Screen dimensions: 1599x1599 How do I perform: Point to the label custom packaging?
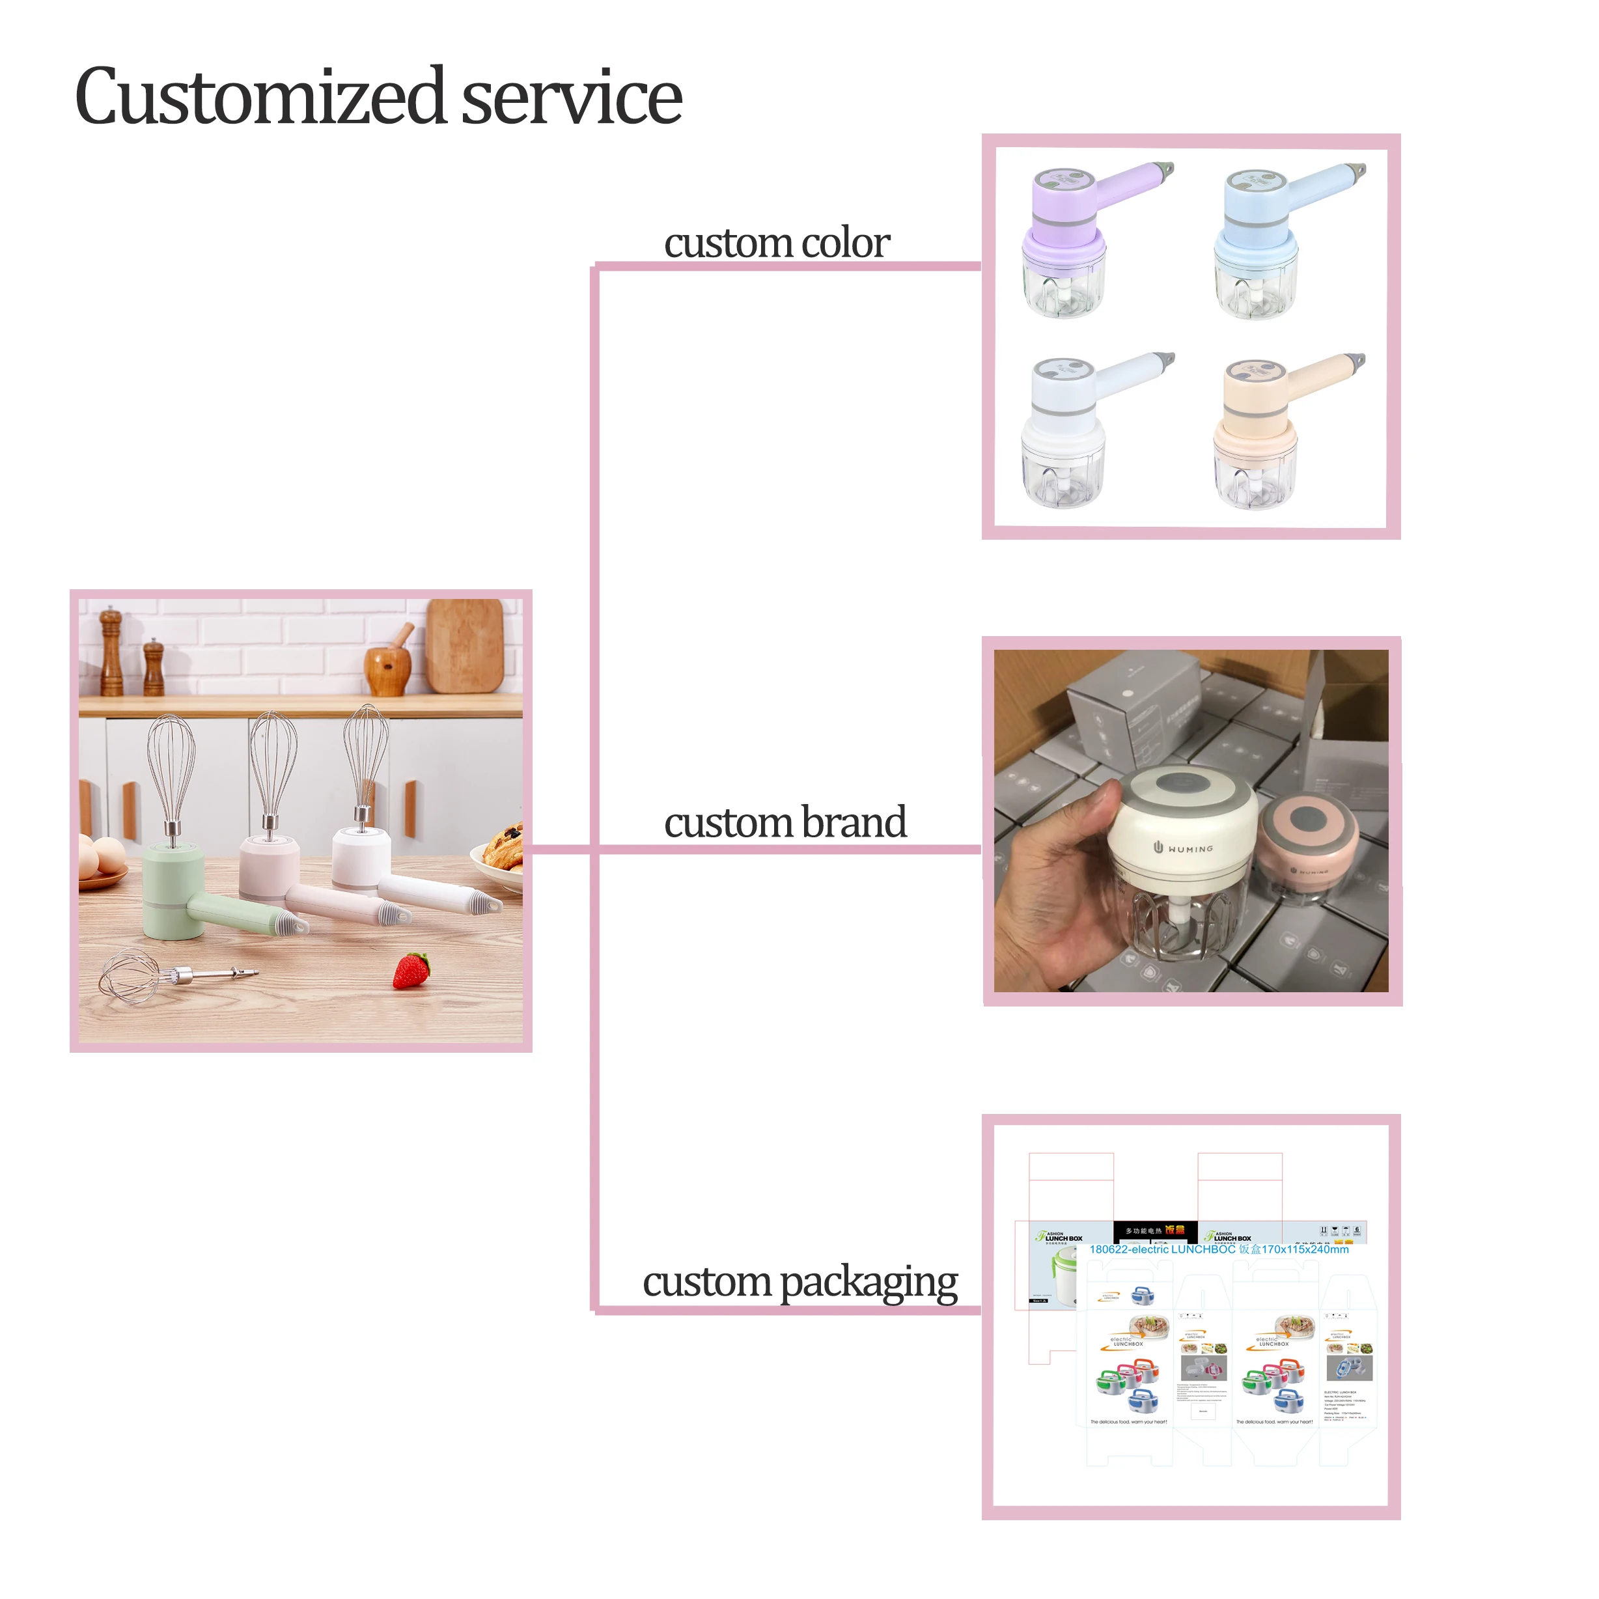[799, 1282]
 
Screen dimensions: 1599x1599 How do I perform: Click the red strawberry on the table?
[411, 970]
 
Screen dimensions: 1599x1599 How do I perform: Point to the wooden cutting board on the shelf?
[465, 646]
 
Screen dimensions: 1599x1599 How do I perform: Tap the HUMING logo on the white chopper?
[1184, 848]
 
